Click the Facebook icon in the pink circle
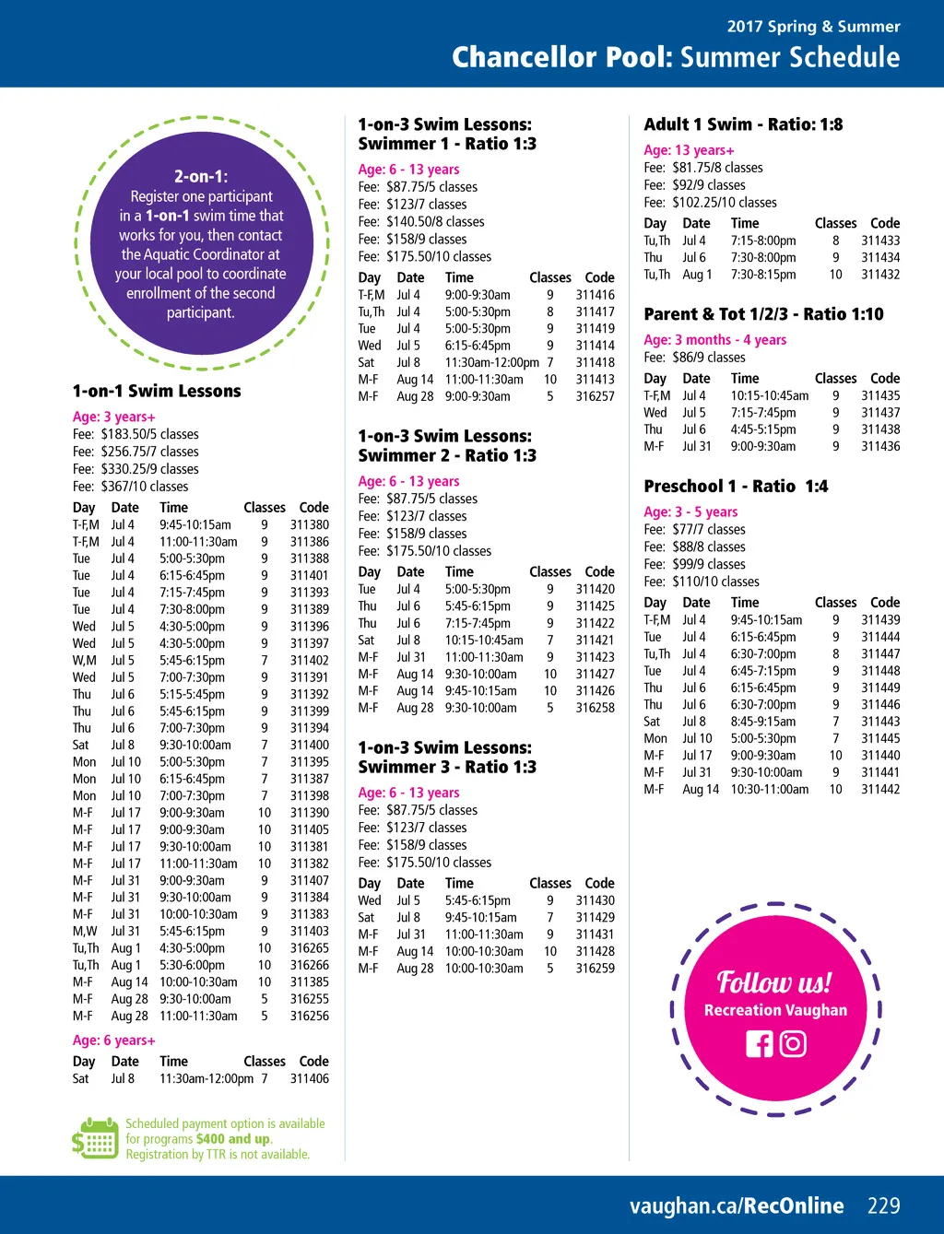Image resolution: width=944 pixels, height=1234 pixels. click(760, 1043)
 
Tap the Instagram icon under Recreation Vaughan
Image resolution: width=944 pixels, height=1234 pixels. click(793, 1043)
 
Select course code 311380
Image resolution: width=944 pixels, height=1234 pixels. click(310, 524)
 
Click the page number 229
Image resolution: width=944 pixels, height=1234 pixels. click(883, 1205)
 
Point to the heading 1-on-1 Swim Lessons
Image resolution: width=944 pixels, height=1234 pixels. click(157, 391)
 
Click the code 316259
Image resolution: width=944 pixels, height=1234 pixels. click(595, 969)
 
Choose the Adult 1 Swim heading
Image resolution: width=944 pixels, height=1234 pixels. click(743, 124)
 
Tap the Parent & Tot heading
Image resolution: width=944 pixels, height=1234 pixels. click(763, 314)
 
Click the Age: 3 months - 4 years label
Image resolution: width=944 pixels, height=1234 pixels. click(714, 340)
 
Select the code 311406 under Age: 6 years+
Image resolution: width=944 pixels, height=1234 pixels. click(310, 1078)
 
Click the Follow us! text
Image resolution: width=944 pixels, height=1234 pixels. click(774, 982)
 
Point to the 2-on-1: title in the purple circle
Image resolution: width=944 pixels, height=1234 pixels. click(201, 176)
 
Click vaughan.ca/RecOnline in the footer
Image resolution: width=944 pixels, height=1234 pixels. click(737, 1205)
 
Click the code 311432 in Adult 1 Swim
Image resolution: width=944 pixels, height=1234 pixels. click(880, 275)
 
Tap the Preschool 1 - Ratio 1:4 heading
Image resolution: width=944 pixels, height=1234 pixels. click(736, 487)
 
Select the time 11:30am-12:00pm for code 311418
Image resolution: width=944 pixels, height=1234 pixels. click(491, 362)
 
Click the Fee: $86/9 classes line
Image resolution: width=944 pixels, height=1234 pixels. click(694, 358)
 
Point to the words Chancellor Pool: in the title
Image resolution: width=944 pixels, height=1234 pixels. click(562, 57)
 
